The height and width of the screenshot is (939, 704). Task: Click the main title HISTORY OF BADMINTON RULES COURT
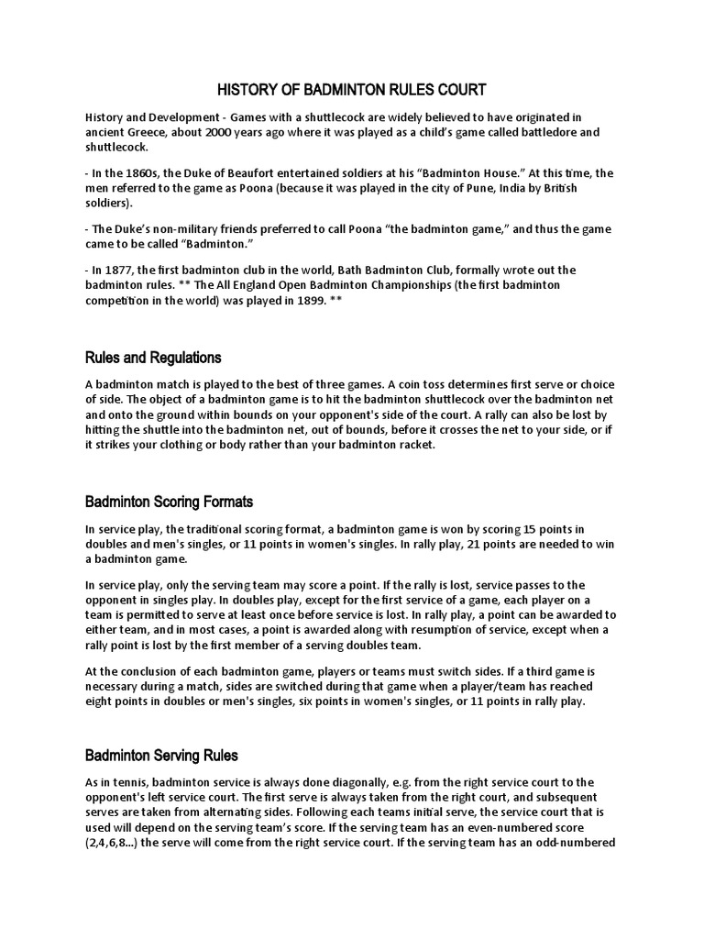point(351,90)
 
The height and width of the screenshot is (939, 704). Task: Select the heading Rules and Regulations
point(153,357)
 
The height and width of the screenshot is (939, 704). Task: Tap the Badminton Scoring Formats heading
point(169,502)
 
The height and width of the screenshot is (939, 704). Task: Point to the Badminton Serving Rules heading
point(161,756)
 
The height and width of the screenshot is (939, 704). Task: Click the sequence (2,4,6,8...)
point(113,841)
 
